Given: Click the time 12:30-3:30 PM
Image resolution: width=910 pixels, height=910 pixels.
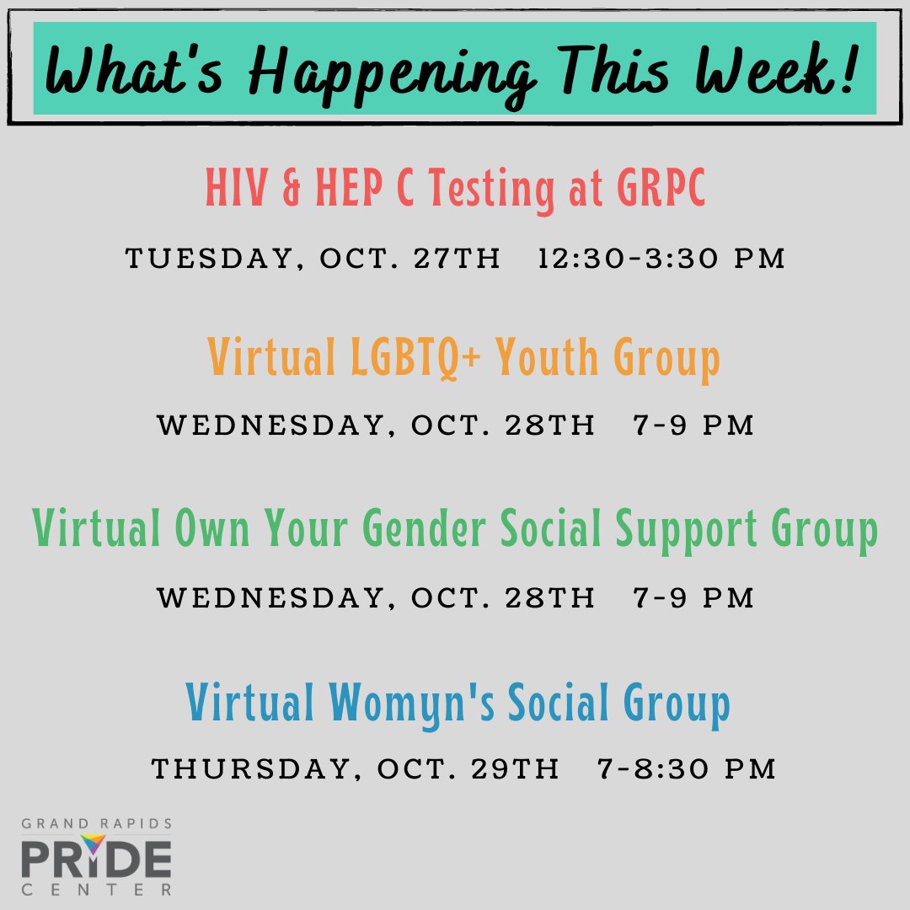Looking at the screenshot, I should pyautogui.click(x=661, y=259).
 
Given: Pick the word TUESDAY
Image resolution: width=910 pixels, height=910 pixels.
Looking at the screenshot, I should pyautogui.click(x=207, y=259).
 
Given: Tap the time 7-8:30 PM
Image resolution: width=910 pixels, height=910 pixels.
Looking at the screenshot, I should pyautogui.click(x=685, y=768).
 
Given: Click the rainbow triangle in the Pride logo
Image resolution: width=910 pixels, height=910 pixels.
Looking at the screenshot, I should pyautogui.click(x=94, y=844).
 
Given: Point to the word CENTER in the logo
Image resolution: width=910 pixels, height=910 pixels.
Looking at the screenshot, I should pyautogui.click(x=97, y=889).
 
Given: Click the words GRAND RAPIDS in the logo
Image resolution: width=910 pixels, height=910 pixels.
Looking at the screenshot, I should pyautogui.click(x=97, y=823).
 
